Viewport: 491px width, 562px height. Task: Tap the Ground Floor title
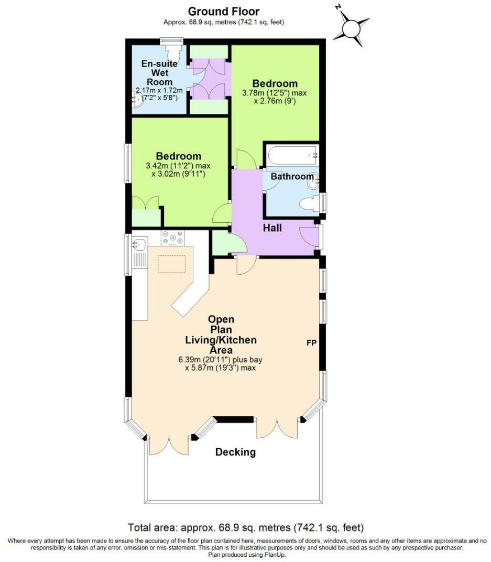coord(223,11)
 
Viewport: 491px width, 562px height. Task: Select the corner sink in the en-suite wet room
coord(137,101)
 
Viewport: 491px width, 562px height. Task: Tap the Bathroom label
coord(292,177)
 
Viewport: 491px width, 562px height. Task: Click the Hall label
coord(272,228)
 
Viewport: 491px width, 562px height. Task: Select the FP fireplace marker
coord(311,342)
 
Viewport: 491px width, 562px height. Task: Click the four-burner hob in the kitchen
coord(172,238)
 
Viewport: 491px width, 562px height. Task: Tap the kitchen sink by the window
coord(139,244)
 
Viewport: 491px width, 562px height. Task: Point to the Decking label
coord(236,452)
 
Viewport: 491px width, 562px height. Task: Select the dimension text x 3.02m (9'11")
coord(178,174)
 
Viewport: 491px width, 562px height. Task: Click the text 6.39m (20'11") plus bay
coord(221,360)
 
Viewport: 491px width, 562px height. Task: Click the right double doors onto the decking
coord(279,428)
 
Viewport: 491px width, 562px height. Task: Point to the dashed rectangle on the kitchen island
coord(172,264)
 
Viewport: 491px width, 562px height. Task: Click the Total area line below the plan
coord(246,527)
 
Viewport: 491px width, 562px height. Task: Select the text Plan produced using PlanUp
coord(246,555)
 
